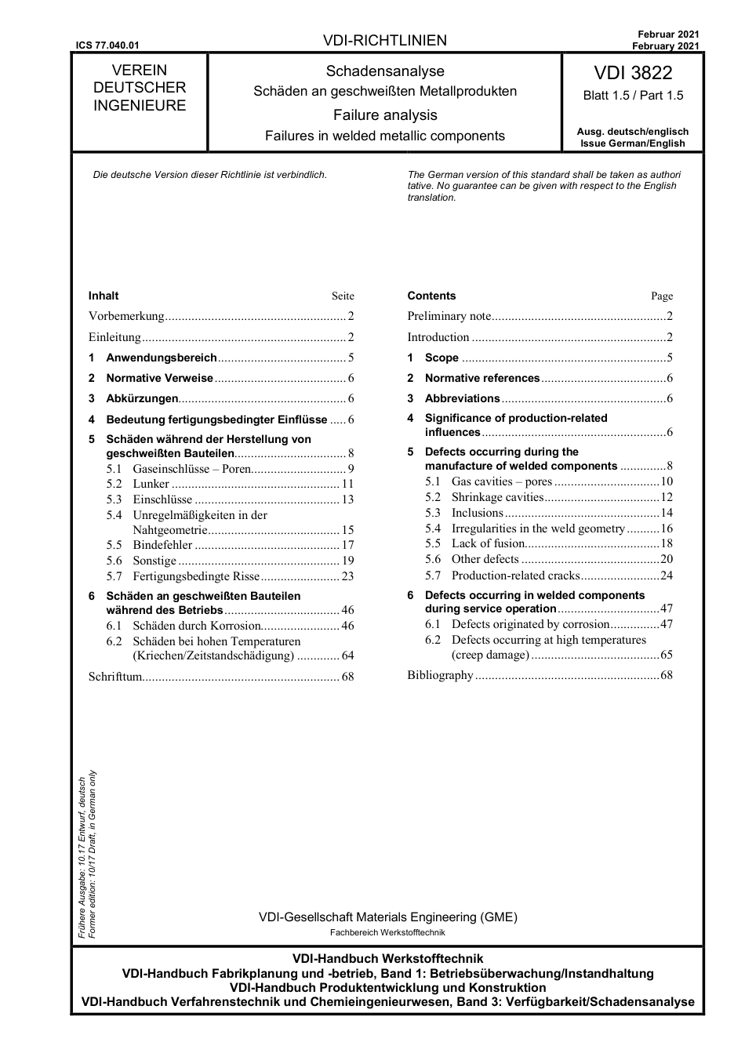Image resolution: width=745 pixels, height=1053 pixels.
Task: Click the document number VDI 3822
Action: point(632,73)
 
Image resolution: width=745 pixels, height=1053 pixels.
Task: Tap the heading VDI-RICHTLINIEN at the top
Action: point(384,41)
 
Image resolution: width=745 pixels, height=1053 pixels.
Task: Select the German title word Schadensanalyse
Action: point(385,71)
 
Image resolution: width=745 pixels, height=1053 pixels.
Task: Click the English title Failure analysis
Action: point(385,115)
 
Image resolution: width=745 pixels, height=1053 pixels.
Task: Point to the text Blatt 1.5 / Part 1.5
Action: point(632,96)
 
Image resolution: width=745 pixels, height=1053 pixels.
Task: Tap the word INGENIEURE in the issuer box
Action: point(140,106)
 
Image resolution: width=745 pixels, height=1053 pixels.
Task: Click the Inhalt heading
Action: point(104,296)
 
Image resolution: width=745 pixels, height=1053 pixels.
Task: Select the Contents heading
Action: point(431,296)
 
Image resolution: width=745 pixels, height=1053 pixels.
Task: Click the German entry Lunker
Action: point(151,484)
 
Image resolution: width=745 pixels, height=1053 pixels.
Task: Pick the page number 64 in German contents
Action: point(347,655)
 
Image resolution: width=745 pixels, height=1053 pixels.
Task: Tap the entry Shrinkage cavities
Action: point(496,497)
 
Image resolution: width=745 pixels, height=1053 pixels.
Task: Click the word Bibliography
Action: point(440,675)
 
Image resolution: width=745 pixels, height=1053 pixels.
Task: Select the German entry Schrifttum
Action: point(115,676)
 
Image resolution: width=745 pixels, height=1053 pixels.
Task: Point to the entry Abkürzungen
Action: point(142,398)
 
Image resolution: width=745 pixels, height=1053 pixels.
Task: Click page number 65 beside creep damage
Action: point(666,655)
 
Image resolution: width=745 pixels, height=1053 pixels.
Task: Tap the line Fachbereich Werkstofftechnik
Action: point(387,932)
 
